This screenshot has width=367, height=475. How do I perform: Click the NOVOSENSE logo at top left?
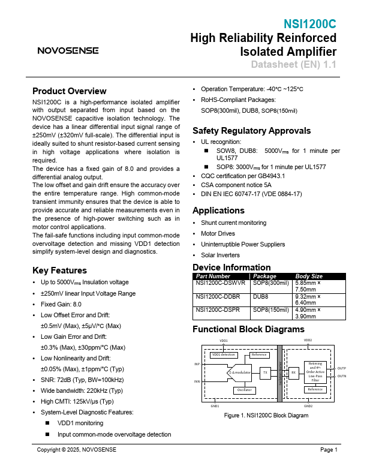pos(68,51)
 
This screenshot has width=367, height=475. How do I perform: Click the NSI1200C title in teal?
pos(310,25)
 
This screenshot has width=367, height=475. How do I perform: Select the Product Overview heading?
pos(69,91)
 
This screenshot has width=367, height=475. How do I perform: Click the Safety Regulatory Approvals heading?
pos(251,131)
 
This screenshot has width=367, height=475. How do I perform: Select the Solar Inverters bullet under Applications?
pos(221,255)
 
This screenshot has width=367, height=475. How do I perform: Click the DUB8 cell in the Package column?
pos(260,296)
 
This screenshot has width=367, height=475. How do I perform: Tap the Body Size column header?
pos(309,276)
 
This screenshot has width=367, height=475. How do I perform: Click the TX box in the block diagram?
pos(265,372)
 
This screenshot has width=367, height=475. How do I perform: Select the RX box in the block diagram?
pos(294,372)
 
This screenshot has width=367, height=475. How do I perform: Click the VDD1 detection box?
pos(223,354)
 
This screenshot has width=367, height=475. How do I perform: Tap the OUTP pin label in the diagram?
pos(341,368)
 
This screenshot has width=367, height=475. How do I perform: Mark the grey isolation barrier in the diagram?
pos(279,373)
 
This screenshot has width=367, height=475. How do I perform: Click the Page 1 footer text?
pos(329,450)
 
